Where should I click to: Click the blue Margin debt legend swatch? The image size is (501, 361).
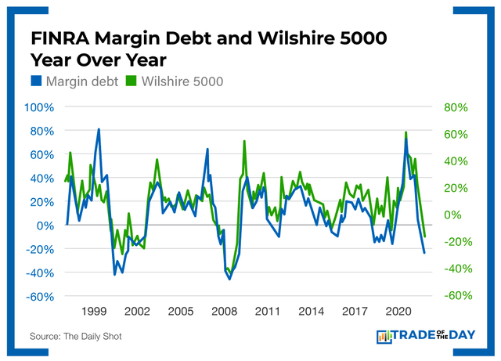tap(37, 80)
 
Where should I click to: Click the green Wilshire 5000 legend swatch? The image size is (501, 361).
tap(130, 80)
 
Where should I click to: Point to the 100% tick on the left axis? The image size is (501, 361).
tap(40, 106)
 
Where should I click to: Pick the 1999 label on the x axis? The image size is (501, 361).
tap(94, 311)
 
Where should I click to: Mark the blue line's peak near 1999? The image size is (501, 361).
tap(99, 128)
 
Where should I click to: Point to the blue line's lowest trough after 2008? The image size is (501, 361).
tap(229, 279)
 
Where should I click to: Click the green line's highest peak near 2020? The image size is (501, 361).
tap(405, 132)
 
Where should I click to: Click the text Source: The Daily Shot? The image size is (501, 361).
tap(76, 336)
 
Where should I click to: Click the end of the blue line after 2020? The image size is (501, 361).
tap(425, 253)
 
